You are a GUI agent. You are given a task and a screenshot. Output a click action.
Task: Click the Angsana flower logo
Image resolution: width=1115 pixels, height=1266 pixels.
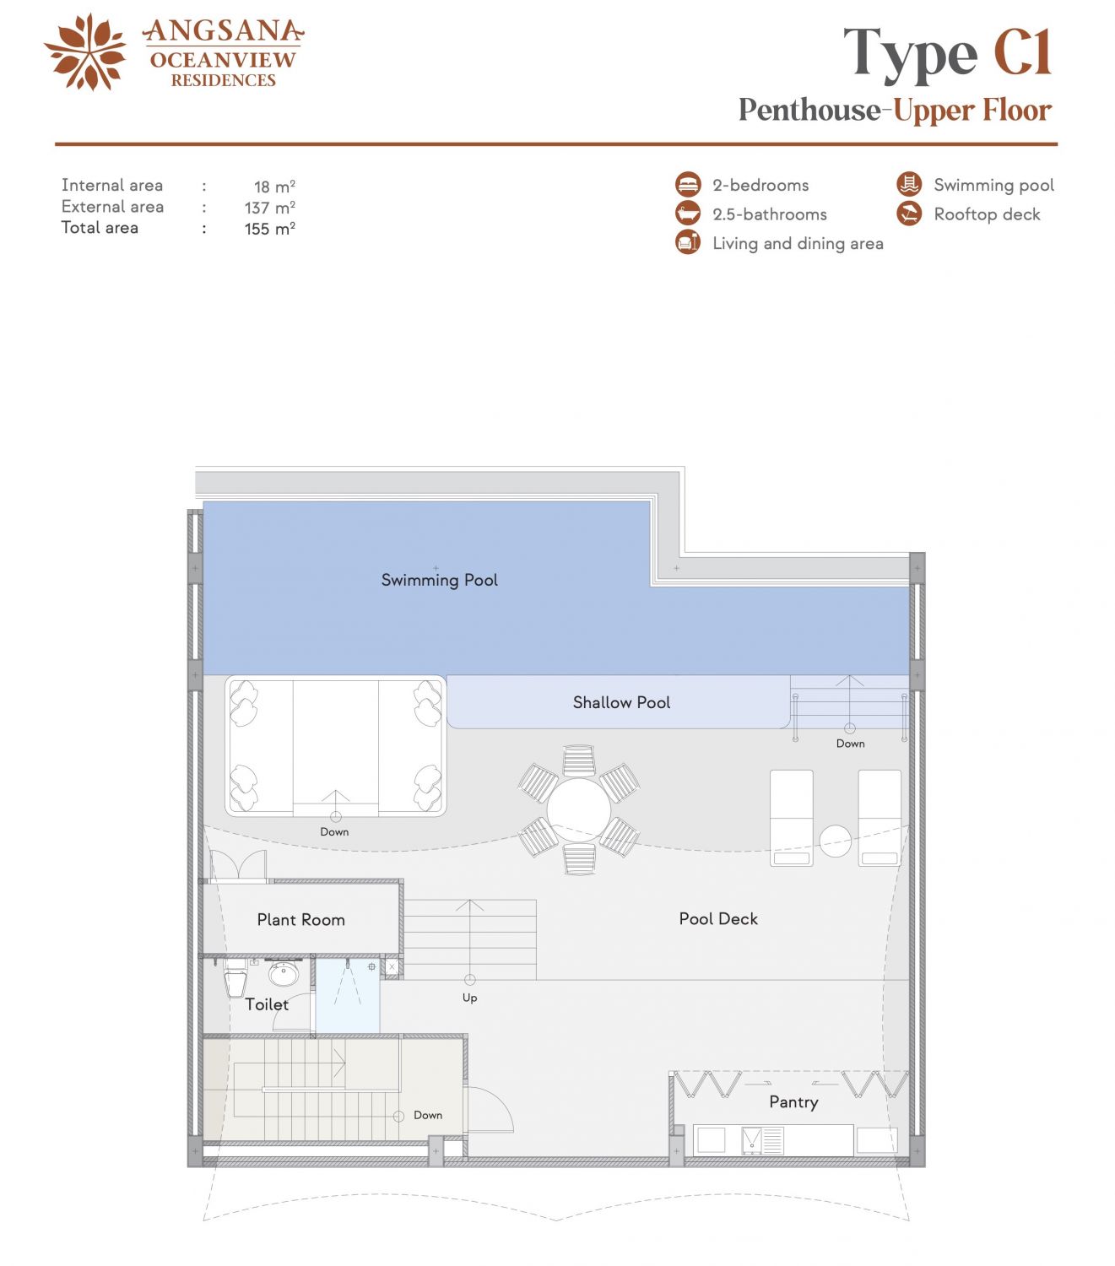point(85,52)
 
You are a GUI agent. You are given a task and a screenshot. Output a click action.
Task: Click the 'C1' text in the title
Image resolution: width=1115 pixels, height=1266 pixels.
point(1022,52)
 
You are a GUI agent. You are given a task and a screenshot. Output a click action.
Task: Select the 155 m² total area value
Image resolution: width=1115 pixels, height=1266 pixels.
point(269,228)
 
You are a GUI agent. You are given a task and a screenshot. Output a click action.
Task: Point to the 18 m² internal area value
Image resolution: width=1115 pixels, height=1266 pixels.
point(274,187)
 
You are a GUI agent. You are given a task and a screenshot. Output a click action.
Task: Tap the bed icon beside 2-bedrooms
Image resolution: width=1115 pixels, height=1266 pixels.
point(688,184)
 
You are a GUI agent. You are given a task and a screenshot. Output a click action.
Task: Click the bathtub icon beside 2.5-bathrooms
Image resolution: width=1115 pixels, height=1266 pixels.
point(688,214)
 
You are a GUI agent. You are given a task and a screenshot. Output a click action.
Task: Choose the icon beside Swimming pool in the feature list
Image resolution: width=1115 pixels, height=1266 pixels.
point(909,184)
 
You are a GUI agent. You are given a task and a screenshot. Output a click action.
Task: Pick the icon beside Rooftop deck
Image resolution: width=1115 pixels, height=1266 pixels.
point(909,214)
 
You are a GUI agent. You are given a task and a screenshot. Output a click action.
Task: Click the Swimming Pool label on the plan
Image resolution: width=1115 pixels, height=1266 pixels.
point(440,581)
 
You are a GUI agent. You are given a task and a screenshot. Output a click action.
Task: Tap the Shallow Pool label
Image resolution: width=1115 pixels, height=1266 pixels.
point(621,702)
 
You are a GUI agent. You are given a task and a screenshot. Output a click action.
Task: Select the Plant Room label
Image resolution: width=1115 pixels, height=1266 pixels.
point(300,920)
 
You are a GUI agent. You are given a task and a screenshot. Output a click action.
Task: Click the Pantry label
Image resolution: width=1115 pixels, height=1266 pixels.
point(793,1101)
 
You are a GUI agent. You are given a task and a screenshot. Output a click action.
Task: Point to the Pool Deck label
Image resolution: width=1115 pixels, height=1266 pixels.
point(718,918)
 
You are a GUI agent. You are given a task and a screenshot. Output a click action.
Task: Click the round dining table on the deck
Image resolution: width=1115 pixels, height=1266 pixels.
point(578,810)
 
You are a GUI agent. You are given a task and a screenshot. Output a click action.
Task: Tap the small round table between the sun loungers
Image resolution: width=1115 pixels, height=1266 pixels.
point(835,841)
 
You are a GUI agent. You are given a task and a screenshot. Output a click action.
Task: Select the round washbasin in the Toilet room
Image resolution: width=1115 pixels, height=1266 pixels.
point(284,975)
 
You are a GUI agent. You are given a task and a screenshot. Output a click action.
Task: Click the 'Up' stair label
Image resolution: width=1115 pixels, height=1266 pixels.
point(469,998)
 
